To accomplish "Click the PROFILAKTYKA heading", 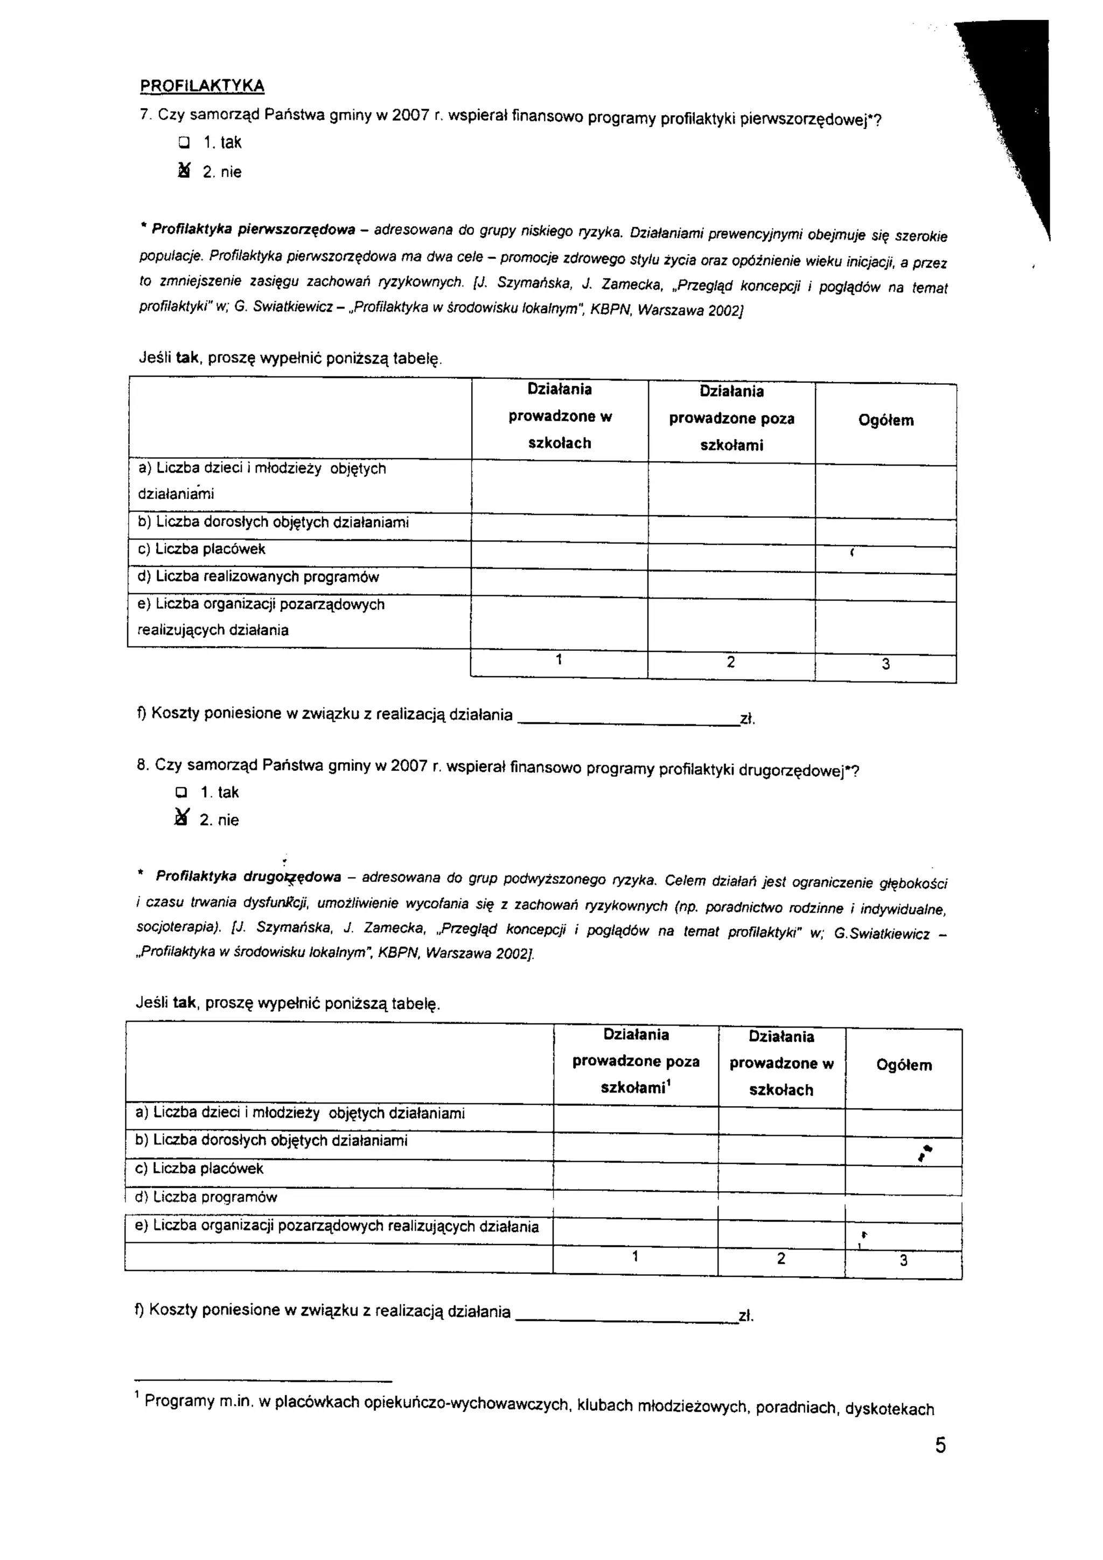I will [202, 86].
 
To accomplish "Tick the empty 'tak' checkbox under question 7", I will [183, 143].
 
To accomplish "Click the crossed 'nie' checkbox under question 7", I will [182, 171].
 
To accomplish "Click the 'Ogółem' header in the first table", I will [885, 420].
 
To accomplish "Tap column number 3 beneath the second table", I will [903, 1260].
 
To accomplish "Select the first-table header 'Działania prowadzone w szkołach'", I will [560, 416].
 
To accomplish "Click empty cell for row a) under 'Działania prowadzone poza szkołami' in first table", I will [731, 489].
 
